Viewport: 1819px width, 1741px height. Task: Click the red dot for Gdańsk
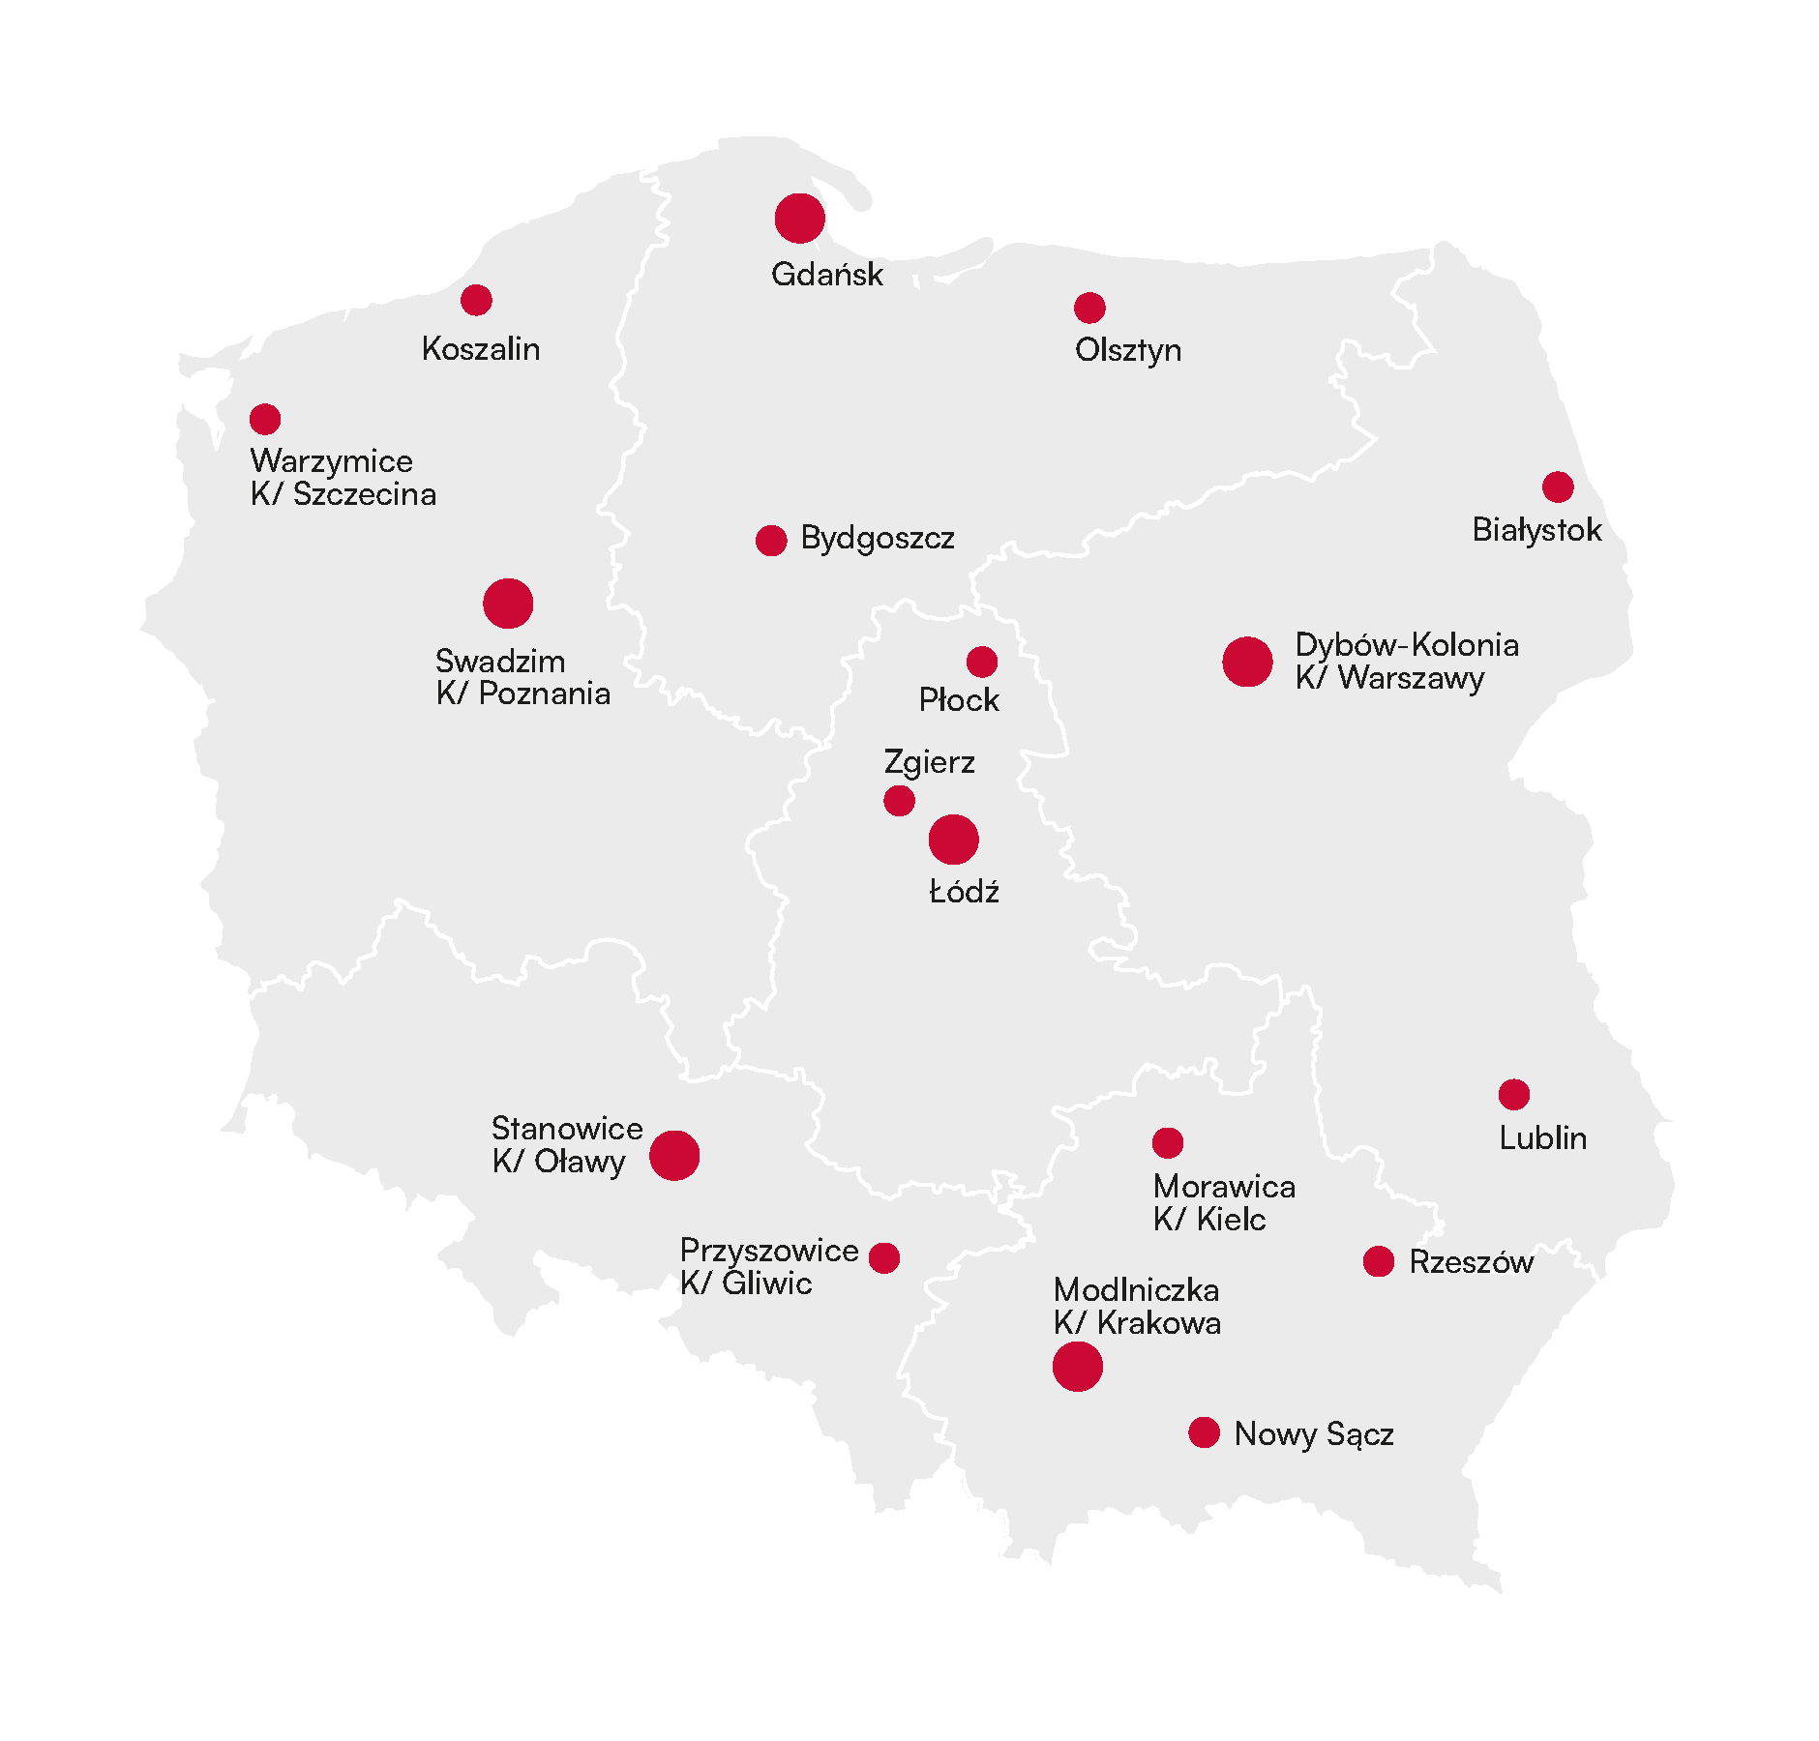[x=800, y=219]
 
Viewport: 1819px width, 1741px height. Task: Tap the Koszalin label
[x=481, y=348]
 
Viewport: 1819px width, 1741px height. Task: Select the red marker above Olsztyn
[x=1089, y=308]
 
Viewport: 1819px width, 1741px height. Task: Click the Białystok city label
[x=1536, y=530]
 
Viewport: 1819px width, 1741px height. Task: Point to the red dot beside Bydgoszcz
[x=771, y=541]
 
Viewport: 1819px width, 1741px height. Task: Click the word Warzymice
[x=332, y=461]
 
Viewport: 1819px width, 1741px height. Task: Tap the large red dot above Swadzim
[x=508, y=604]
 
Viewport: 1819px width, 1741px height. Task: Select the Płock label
[x=959, y=699]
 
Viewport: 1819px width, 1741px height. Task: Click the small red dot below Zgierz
[x=899, y=801]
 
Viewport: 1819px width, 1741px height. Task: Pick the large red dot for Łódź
[x=954, y=840]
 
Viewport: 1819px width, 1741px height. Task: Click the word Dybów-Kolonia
[x=1407, y=645]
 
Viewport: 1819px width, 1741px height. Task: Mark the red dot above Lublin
[x=1514, y=1094]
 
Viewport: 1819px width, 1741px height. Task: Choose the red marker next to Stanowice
[x=674, y=1155]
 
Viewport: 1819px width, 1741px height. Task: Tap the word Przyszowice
[x=769, y=1251]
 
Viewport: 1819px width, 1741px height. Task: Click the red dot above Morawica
[x=1168, y=1142]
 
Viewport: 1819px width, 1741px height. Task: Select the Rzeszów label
[x=1471, y=1262]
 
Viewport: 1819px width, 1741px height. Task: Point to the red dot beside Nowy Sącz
[x=1204, y=1432]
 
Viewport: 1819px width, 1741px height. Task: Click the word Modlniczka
[x=1136, y=1290]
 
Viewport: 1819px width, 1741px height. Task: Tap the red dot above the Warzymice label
[x=265, y=419]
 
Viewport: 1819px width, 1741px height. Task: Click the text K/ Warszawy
[x=1389, y=678]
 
